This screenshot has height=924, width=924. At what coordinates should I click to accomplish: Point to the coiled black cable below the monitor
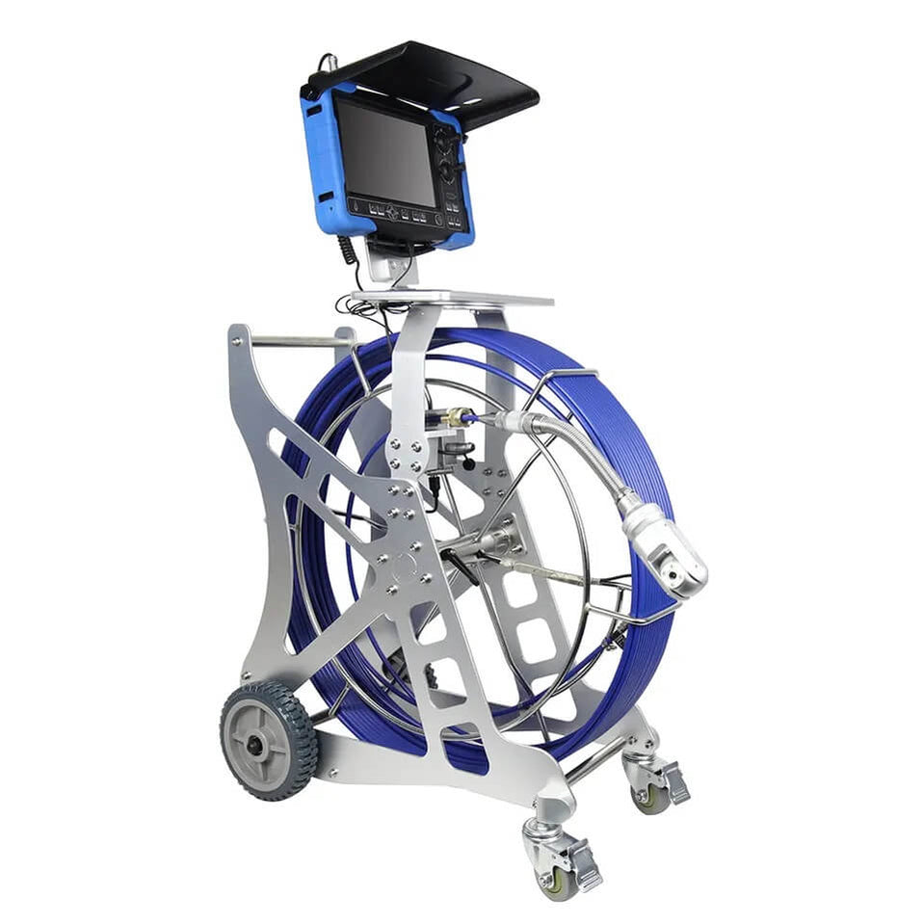[x=348, y=253]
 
